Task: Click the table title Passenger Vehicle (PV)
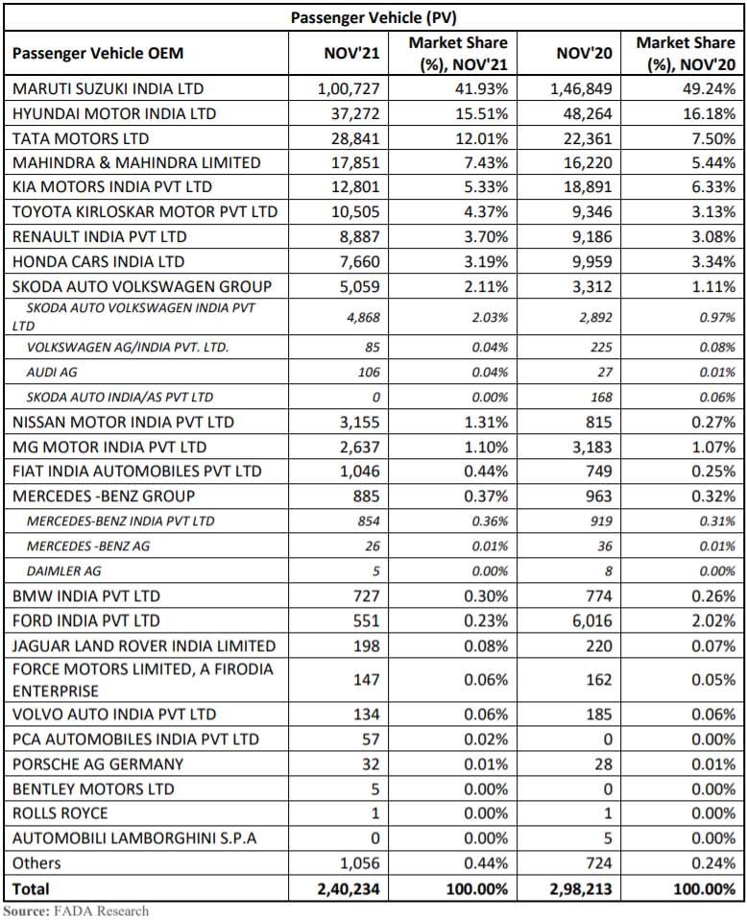pyautogui.click(x=373, y=16)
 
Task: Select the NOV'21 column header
pyautogui.click(x=351, y=54)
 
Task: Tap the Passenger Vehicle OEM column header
pyautogui.click(x=98, y=54)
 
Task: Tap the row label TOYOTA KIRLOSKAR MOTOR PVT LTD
pyautogui.click(x=144, y=212)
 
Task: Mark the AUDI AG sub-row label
pyautogui.click(x=53, y=373)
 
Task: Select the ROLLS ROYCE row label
pyautogui.click(x=60, y=814)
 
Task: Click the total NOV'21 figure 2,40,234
pyautogui.click(x=348, y=889)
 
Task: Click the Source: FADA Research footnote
pyautogui.click(x=76, y=910)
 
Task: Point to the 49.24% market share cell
pyautogui.click(x=708, y=88)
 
